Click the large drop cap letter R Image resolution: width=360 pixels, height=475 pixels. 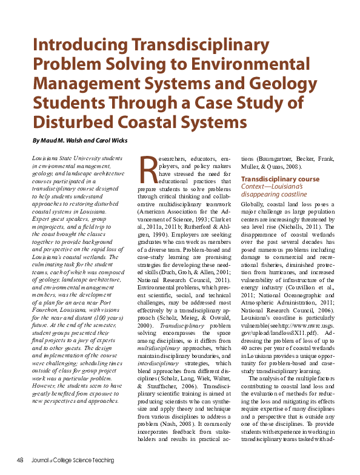(148, 172)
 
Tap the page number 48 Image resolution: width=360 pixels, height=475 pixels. (19, 459)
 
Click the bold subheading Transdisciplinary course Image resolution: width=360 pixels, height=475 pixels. (280, 180)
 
